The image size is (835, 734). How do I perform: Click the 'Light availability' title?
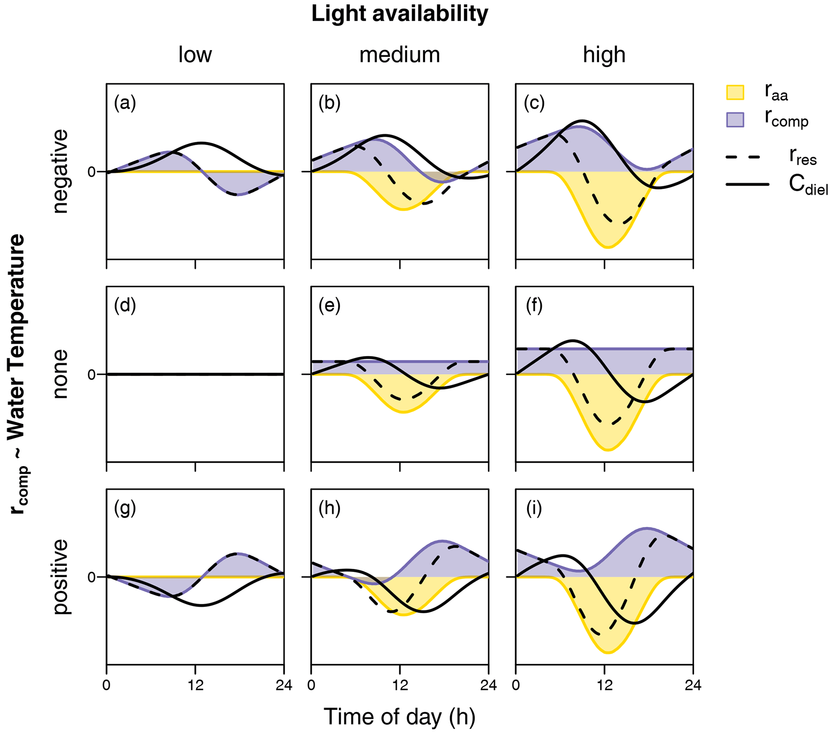point(399,14)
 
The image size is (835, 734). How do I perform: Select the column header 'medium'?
point(399,55)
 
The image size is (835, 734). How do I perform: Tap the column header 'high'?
point(604,55)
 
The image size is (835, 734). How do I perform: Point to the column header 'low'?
point(195,55)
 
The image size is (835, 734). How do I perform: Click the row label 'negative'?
point(60,171)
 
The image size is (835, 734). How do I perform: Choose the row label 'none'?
point(60,374)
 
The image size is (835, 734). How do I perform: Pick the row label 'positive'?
point(60,577)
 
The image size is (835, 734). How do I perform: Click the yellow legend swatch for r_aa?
point(735,93)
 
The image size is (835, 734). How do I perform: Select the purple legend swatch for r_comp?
point(735,119)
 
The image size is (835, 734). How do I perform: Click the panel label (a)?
point(125,103)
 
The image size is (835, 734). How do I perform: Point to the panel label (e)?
point(329,306)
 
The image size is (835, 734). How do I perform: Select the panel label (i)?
point(534,508)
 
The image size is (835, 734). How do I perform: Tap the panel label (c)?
point(534,103)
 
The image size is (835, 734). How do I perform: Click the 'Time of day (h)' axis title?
point(399,717)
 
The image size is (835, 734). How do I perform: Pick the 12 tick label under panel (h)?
point(400,685)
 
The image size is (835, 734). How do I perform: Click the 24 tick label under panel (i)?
point(693,685)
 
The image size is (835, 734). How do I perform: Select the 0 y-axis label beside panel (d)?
point(92,374)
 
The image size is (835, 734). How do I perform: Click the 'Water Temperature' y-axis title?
point(16,339)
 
